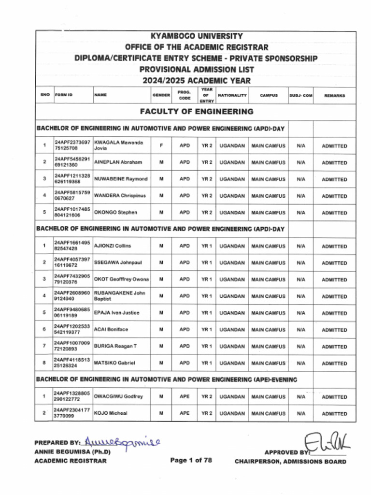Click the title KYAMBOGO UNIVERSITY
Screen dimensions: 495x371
click(196, 36)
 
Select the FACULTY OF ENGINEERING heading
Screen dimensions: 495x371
click(196, 112)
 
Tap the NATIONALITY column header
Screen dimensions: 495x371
click(232, 96)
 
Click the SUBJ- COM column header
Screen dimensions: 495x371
click(301, 96)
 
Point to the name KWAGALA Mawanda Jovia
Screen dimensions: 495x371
click(119, 146)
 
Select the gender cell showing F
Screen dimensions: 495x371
click(161, 146)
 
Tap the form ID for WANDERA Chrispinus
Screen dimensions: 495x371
click(72, 195)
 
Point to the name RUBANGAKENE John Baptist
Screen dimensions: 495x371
click(119, 296)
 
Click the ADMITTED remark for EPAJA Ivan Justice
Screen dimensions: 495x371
click(334, 313)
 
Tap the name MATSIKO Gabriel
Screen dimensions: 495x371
click(114, 363)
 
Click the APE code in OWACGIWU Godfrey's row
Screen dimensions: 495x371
click(185, 397)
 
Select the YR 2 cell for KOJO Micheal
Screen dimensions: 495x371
click(207, 413)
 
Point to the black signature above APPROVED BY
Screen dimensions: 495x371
click(327, 442)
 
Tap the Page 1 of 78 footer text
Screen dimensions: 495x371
click(191, 460)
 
